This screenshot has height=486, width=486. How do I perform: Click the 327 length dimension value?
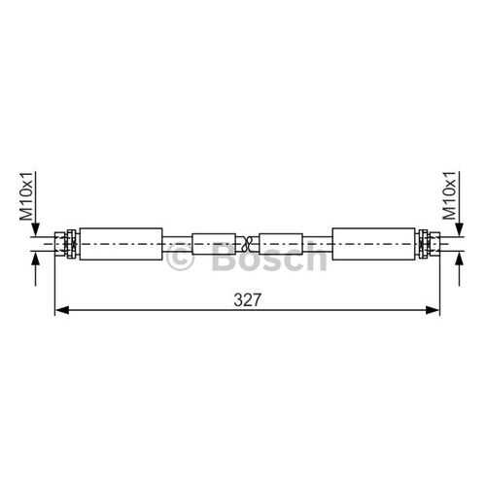pyautogui.click(x=247, y=299)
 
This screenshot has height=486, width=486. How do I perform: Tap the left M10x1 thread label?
pyautogui.click(x=26, y=196)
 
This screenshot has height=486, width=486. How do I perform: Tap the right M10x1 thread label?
pyautogui.click(x=450, y=195)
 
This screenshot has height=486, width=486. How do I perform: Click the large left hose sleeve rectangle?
pyautogui.click(x=121, y=244)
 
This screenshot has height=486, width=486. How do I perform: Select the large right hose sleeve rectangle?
pyautogui.click(x=373, y=244)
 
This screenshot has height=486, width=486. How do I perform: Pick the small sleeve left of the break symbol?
pyautogui.click(x=214, y=244)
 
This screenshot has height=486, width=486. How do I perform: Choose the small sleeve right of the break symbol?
pyautogui.click(x=281, y=244)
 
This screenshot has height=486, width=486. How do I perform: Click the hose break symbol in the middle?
pyautogui.click(x=247, y=244)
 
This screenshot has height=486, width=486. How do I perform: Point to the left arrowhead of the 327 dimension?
pyautogui.click(x=62, y=310)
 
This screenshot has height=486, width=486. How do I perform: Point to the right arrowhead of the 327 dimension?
pyautogui.click(x=433, y=310)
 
